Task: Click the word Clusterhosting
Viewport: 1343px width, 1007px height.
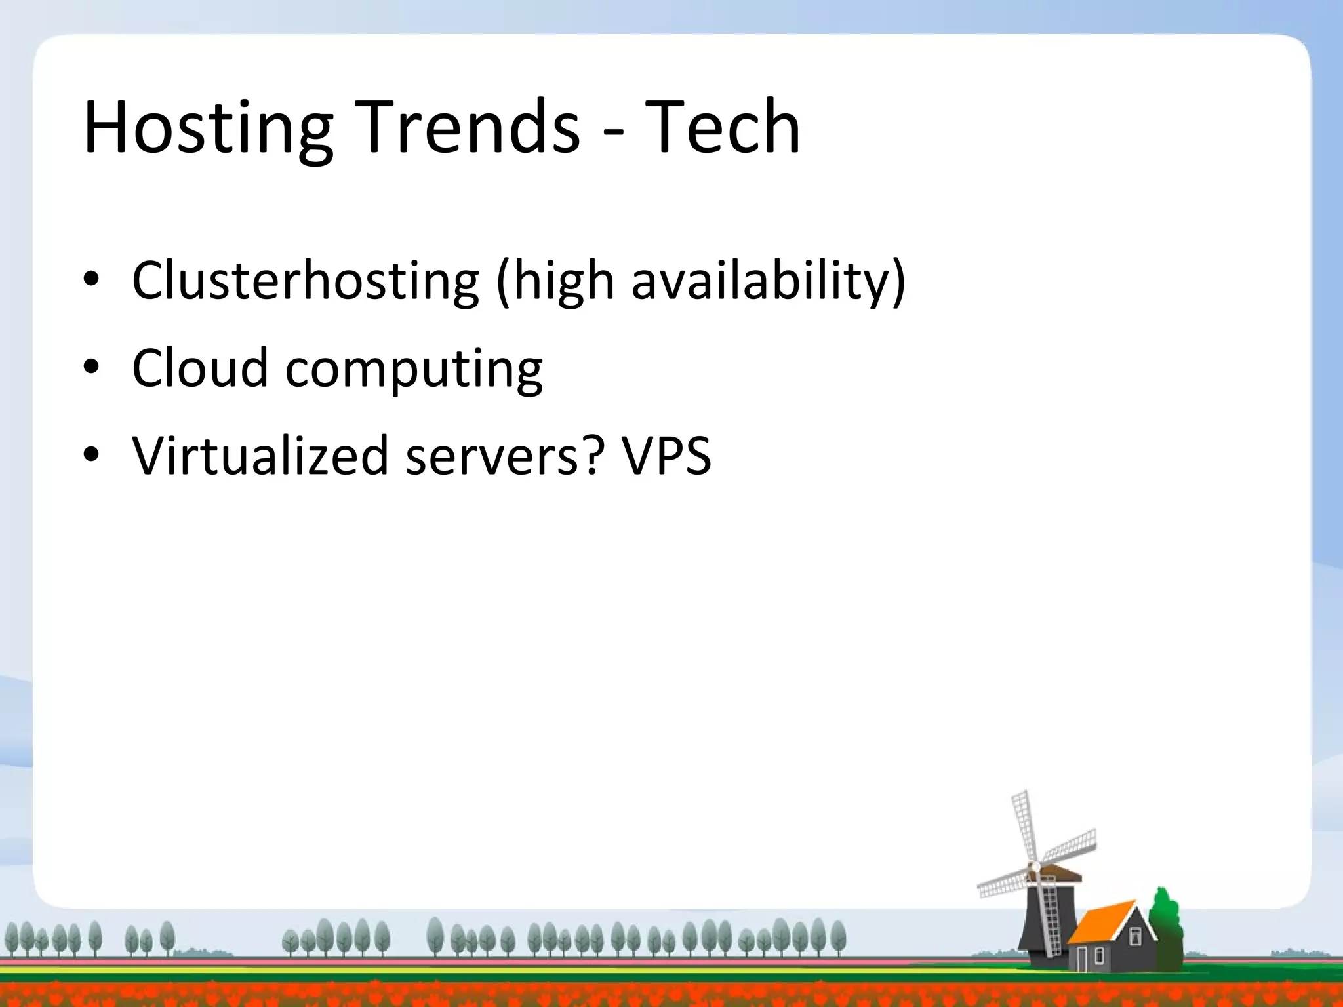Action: pos(306,281)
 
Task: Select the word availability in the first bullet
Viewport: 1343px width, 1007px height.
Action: pos(760,281)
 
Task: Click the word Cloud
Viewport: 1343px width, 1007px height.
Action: pos(200,368)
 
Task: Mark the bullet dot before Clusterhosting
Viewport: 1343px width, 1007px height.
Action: pos(91,281)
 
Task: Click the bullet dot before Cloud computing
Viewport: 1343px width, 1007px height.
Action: pos(91,368)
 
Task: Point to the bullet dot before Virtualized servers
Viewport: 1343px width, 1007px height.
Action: pos(91,455)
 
